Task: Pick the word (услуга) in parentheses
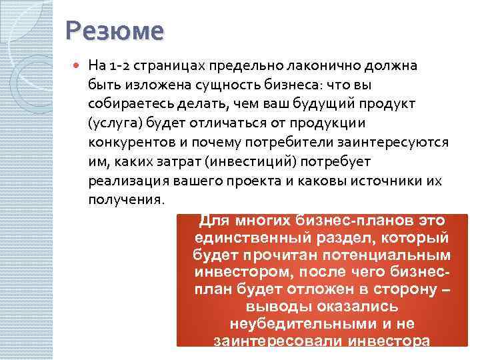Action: click(111, 124)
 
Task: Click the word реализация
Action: click(123, 181)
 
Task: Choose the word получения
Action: click(125, 200)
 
